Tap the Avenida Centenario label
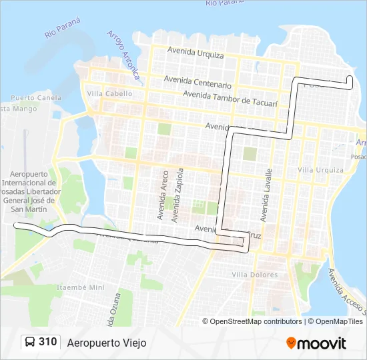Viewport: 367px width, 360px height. click(x=198, y=84)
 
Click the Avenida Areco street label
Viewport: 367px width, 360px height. click(x=163, y=195)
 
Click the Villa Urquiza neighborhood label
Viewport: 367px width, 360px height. click(x=320, y=170)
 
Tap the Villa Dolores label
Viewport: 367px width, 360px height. click(x=254, y=275)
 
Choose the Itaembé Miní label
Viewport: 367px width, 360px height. click(x=81, y=287)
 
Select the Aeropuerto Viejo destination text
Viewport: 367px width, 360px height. click(x=106, y=343)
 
